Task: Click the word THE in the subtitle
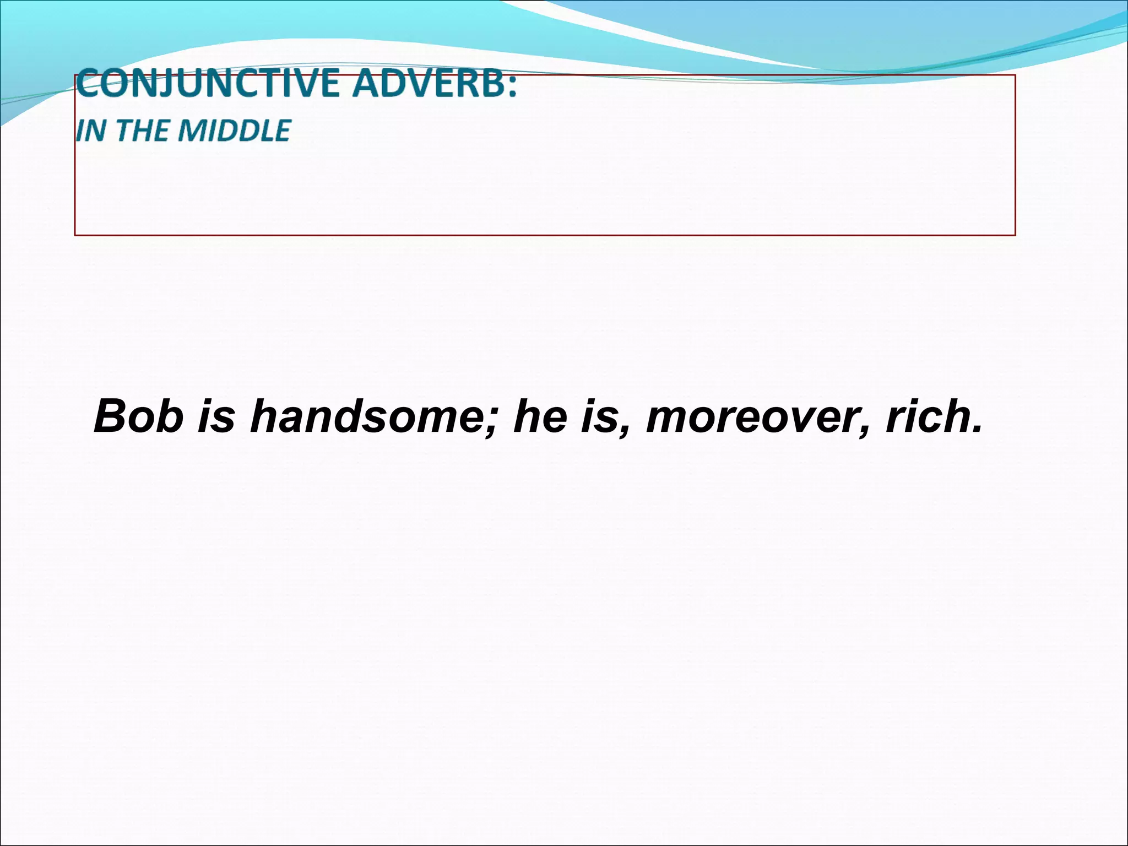pos(133,131)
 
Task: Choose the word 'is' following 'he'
pos(598,417)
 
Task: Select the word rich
pos(923,417)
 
